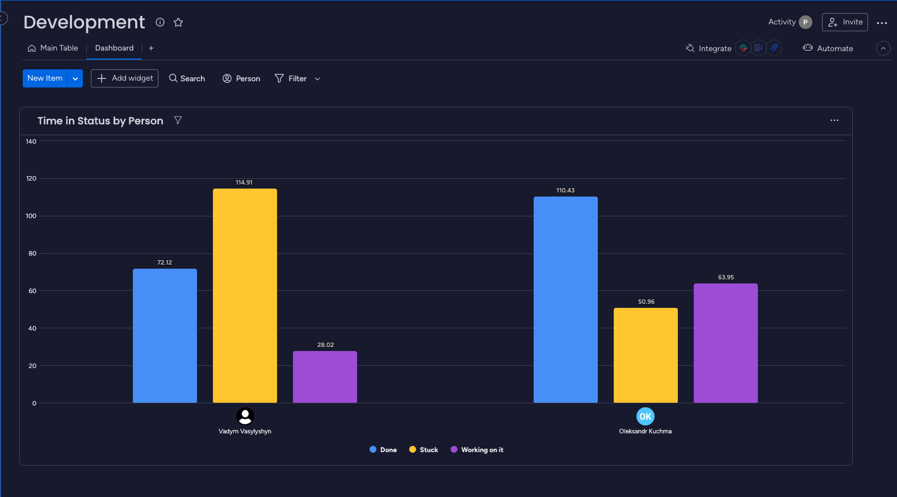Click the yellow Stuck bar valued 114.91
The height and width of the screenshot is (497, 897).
(245, 295)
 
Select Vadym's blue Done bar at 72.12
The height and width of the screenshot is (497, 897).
(165, 335)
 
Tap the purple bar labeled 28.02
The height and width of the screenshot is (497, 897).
(325, 377)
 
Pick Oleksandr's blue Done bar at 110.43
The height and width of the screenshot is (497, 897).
(565, 299)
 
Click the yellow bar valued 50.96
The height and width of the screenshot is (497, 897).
(645, 355)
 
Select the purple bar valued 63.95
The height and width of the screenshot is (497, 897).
(726, 343)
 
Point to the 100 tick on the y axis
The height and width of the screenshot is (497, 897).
(31, 216)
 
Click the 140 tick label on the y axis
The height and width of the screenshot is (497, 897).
(31, 141)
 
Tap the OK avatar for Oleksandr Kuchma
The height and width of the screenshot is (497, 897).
(645, 416)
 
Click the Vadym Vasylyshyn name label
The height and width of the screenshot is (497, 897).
(245, 431)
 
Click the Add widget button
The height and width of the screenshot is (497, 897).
(124, 78)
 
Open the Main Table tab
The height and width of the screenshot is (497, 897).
(53, 48)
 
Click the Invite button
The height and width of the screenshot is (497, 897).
(845, 22)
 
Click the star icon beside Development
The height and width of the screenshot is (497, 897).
(178, 22)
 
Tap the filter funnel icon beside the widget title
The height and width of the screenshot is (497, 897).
(178, 120)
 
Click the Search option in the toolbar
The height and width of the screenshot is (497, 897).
(187, 78)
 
